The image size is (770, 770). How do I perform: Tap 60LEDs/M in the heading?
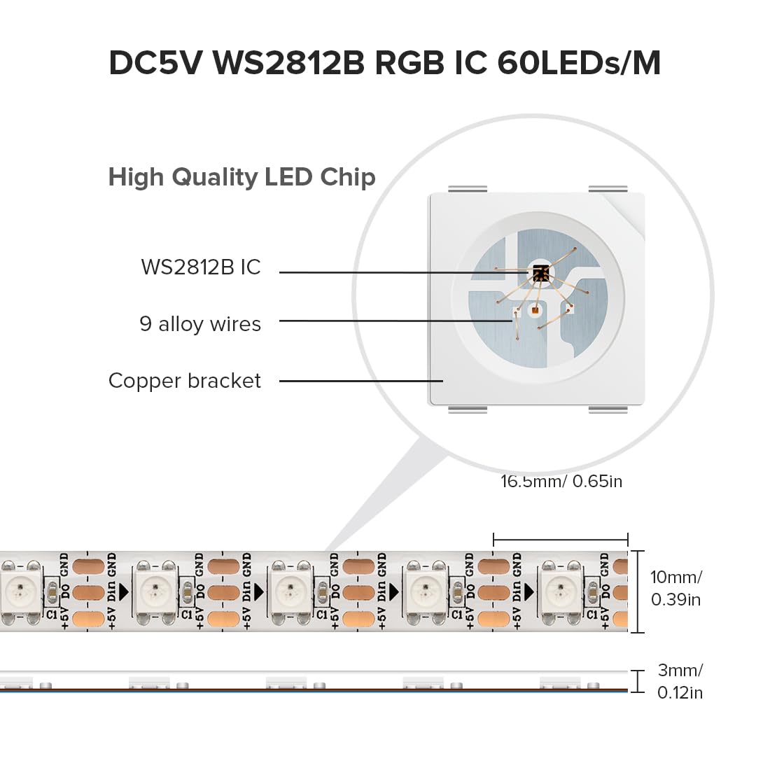coord(578,63)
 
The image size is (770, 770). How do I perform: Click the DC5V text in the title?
coord(155,63)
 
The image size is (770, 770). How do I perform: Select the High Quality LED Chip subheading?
coord(241,177)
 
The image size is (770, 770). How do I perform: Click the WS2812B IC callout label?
coord(200,267)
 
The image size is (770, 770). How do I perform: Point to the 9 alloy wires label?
coord(200,324)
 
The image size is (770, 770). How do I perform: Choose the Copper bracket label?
coord(184,381)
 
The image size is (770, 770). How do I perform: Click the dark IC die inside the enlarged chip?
coord(539,273)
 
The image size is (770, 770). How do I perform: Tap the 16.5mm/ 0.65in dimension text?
coord(561,482)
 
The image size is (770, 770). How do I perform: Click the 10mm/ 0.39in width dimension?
coord(675,588)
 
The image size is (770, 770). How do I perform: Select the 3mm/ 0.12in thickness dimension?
coord(679,681)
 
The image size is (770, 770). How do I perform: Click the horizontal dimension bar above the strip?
coord(560,540)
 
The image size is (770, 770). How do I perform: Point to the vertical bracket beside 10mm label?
coord(638,591)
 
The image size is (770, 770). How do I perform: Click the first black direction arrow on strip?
coord(124,592)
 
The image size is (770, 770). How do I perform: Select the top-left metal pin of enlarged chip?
coord(467,189)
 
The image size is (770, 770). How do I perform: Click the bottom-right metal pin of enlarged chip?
coord(608,409)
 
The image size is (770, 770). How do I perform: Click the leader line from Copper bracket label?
coord(360,381)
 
